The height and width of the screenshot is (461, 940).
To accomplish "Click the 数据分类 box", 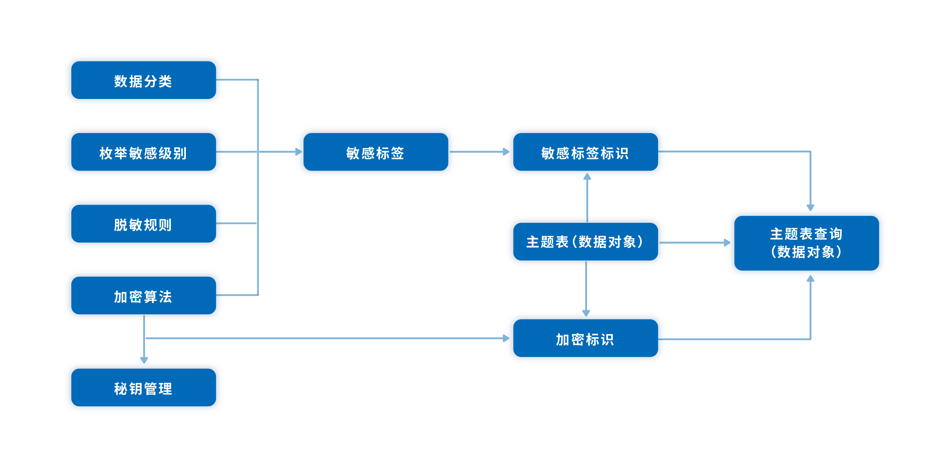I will coord(143,80).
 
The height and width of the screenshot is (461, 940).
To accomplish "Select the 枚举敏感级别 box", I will coord(143,152).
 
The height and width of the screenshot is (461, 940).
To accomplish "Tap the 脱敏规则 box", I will coord(143,224).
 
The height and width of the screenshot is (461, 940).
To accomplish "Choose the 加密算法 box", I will coord(143,296).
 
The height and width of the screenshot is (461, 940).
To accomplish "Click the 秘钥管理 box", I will coord(143,388).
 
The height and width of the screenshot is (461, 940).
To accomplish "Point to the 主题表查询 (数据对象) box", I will coord(806,243).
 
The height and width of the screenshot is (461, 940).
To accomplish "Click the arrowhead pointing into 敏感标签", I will coord(299,152).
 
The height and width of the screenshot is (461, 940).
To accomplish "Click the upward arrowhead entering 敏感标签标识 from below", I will coord(587,177).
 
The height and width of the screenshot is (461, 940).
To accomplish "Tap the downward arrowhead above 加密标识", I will coord(586,313).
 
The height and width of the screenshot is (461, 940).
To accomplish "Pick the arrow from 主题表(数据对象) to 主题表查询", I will coord(693,243).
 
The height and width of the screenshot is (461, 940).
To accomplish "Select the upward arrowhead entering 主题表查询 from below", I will coord(810,278).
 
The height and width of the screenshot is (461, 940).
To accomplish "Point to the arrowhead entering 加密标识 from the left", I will coord(506,338).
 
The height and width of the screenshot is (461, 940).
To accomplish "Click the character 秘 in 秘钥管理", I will coord(120,389).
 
